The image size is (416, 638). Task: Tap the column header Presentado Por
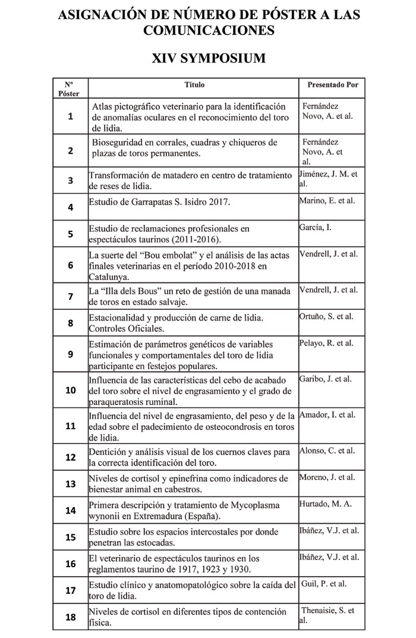(333, 85)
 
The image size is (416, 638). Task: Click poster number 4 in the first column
(70, 208)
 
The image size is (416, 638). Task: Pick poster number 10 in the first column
(70, 390)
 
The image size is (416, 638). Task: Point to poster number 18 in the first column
(70, 617)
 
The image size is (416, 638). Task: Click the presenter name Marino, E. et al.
(328, 201)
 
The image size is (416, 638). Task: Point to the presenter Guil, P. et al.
(324, 584)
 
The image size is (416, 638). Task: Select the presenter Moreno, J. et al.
(327, 477)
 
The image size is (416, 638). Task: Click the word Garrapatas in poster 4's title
(152, 202)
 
